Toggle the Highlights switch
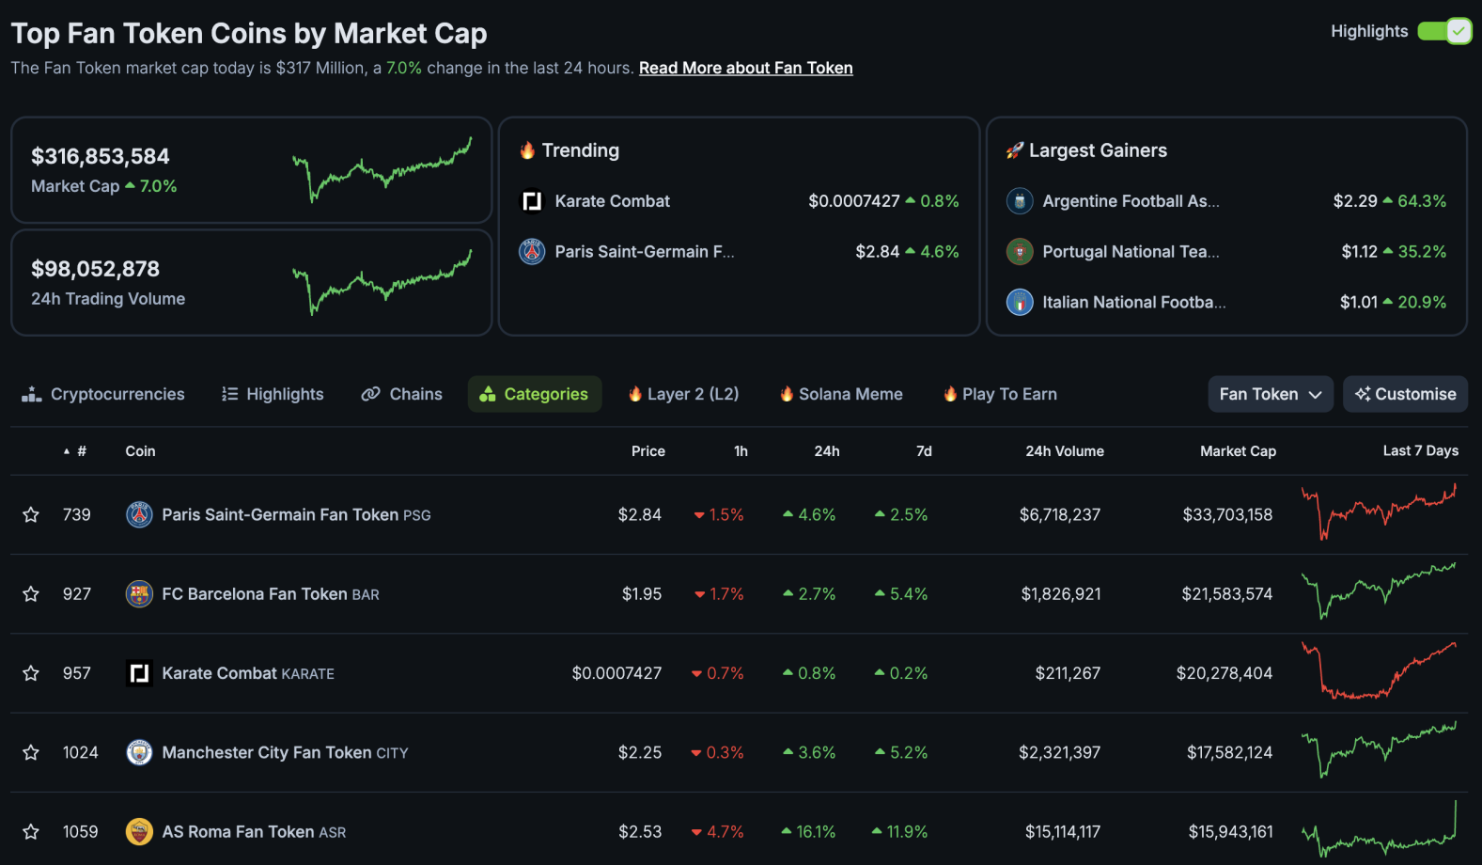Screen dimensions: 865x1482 pos(1444,31)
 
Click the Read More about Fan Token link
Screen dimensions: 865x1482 pos(745,68)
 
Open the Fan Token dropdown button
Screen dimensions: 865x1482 pos(1270,394)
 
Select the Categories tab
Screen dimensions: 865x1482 pos(535,394)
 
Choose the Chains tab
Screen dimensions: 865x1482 pos(402,394)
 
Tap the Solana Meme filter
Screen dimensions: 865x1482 pos(841,394)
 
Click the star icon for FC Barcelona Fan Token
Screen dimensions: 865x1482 pos(31,594)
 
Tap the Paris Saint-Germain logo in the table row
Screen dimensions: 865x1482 pos(139,514)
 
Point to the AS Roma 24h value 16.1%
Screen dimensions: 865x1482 pos(809,832)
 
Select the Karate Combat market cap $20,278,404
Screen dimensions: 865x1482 pos(1224,673)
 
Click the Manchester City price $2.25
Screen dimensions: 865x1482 pos(639,752)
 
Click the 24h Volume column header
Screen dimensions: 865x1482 pos(1064,451)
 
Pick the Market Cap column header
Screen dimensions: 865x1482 pos(1238,451)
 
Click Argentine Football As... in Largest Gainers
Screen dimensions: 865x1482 pos(1130,201)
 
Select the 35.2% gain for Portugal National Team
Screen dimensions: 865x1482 pos(1421,252)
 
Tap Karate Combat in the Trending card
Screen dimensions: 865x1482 pos(612,201)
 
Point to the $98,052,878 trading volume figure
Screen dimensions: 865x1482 pos(95,269)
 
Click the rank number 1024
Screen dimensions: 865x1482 pos(80,752)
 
